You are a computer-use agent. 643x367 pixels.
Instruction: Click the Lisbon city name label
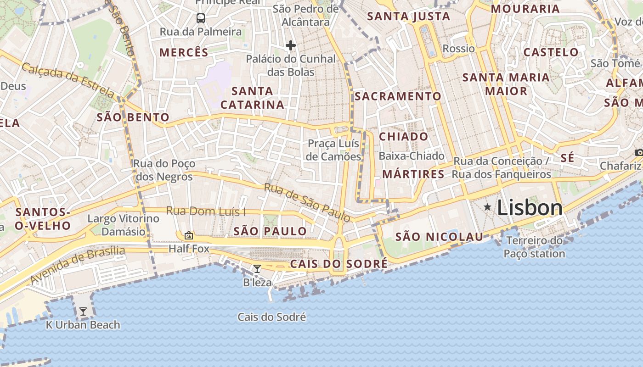[x=530, y=208]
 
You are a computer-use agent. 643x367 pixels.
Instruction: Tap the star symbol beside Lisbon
[x=487, y=207]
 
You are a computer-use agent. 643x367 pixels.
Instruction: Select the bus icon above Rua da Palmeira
[x=201, y=18]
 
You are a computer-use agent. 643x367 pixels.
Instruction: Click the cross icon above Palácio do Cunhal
[x=290, y=45]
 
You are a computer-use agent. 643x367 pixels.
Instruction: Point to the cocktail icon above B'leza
[x=257, y=269]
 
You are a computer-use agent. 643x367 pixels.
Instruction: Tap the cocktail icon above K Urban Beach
[x=83, y=312]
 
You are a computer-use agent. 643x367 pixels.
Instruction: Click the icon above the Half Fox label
[x=189, y=236]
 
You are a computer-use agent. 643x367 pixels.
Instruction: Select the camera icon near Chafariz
[x=639, y=152]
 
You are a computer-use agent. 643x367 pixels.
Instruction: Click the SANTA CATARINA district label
[x=252, y=98]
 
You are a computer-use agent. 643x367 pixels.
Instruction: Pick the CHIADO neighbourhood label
[x=403, y=137]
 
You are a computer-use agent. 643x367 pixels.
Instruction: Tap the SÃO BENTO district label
[x=133, y=117]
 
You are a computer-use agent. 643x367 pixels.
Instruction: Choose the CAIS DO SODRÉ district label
[x=338, y=264]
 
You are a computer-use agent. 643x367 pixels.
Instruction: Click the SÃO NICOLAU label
[x=439, y=237]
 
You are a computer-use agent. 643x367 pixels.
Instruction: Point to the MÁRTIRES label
[x=413, y=174]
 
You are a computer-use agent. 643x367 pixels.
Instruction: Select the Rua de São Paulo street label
[x=307, y=202]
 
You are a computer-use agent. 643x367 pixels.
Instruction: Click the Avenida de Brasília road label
[x=78, y=264]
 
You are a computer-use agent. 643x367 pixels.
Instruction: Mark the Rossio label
[x=458, y=49]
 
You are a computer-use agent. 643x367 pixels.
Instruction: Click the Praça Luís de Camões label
[x=333, y=150]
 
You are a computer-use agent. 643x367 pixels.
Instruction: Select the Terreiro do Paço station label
[x=534, y=247]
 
